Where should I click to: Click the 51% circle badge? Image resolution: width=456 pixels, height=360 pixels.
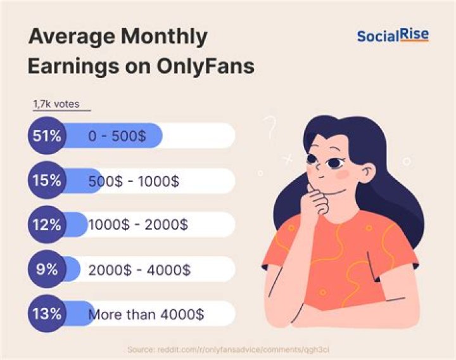[47, 136]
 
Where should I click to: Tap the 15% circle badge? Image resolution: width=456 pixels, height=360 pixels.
[47, 181]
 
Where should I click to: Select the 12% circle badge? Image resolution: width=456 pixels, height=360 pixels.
[47, 224]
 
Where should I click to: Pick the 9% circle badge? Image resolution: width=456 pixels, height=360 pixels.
[47, 269]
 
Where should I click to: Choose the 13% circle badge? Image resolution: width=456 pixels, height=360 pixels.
[47, 313]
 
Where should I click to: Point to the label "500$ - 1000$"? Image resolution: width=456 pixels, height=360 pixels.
[134, 181]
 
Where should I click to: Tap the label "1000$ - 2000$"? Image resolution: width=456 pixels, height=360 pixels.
[137, 225]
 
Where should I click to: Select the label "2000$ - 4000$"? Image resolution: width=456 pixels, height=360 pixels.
[139, 269]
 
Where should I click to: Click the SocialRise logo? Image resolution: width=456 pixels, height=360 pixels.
[393, 35]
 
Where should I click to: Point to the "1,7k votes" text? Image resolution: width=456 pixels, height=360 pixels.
[56, 105]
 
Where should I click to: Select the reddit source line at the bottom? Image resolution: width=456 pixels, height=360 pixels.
[227, 349]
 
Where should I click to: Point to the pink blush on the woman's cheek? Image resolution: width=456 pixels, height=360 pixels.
[342, 172]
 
